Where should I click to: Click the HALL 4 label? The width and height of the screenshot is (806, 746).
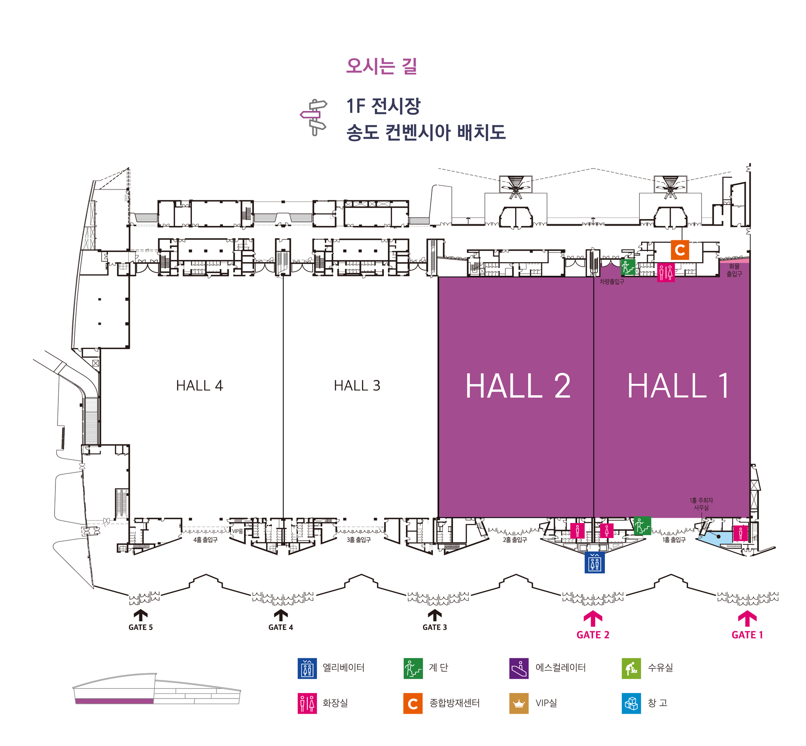click(x=199, y=385)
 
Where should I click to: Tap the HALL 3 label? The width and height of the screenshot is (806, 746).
click(x=357, y=385)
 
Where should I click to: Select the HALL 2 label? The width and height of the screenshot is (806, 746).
click(x=518, y=386)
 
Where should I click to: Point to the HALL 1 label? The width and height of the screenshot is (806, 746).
click(x=678, y=386)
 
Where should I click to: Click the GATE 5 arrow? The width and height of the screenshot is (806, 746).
click(x=141, y=615)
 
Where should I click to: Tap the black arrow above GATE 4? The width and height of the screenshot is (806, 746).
click(x=281, y=615)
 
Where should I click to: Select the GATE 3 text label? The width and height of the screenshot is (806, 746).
click(x=434, y=627)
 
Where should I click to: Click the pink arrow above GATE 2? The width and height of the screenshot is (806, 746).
click(x=593, y=618)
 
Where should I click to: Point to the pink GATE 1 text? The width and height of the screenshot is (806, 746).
click(x=747, y=635)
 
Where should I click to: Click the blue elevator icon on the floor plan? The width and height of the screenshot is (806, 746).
click(x=594, y=562)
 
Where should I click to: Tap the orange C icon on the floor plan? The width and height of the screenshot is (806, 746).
click(x=680, y=250)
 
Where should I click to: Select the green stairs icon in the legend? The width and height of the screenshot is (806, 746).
click(x=413, y=668)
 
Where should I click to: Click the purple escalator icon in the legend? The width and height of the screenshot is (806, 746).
click(x=519, y=668)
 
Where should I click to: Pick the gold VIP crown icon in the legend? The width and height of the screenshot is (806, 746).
click(x=519, y=703)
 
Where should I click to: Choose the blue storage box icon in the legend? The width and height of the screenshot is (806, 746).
click(x=631, y=703)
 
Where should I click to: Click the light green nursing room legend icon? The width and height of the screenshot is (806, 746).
click(x=631, y=668)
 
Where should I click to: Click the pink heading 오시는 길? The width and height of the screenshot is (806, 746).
click(x=381, y=66)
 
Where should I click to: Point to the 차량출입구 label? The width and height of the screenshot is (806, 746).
click(x=612, y=282)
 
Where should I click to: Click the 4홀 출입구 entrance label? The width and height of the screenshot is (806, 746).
click(x=205, y=540)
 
